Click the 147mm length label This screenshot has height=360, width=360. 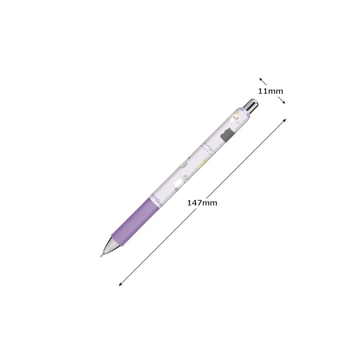(202, 203)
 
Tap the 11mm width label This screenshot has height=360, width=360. (270, 91)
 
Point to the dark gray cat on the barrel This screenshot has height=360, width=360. (228, 134)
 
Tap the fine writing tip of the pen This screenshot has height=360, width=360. (101, 255)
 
